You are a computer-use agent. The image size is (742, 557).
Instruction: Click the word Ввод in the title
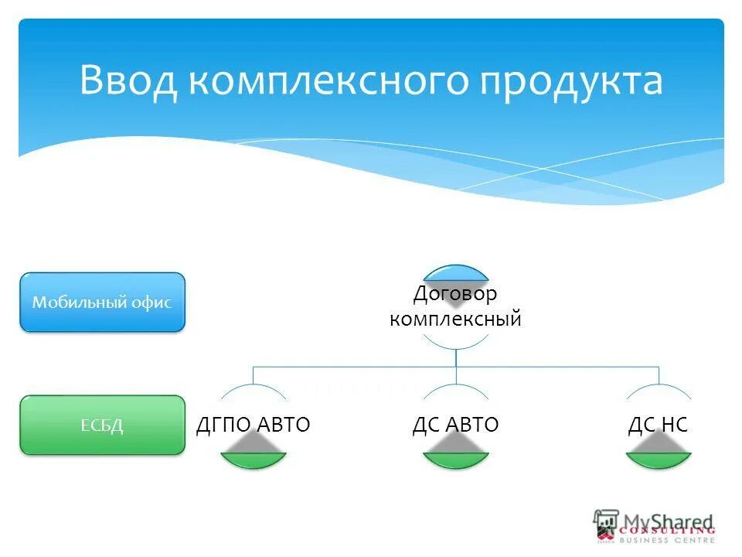click(x=129, y=81)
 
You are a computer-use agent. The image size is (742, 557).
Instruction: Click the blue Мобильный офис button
click(x=102, y=302)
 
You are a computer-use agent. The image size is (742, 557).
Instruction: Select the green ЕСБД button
click(x=102, y=425)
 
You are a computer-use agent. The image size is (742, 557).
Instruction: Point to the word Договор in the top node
click(x=455, y=293)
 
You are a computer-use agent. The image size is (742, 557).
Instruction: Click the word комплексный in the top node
click(x=455, y=319)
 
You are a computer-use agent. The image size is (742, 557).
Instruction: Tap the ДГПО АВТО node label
click(x=253, y=424)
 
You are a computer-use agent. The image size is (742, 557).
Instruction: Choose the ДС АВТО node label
click(x=455, y=424)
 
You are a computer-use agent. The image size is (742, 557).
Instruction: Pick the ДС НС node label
click(x=658, y=424)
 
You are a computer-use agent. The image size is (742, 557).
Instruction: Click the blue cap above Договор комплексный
click(x=455, y=272)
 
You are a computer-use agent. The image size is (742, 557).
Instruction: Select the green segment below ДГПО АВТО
click(x=253, y=461)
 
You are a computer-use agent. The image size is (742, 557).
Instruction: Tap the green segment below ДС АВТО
click(x=455, y=461)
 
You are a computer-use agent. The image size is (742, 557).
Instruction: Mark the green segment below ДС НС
click(x=658, y=461)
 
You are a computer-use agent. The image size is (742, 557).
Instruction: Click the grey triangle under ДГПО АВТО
click(x=253, y=444)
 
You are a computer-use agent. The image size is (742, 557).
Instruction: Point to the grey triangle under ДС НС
click(x=658, y=444)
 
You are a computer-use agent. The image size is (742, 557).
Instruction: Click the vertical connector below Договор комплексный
click(x=456, y=357)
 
